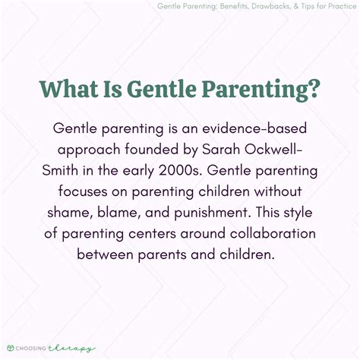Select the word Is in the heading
click(x=120, y=90)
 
